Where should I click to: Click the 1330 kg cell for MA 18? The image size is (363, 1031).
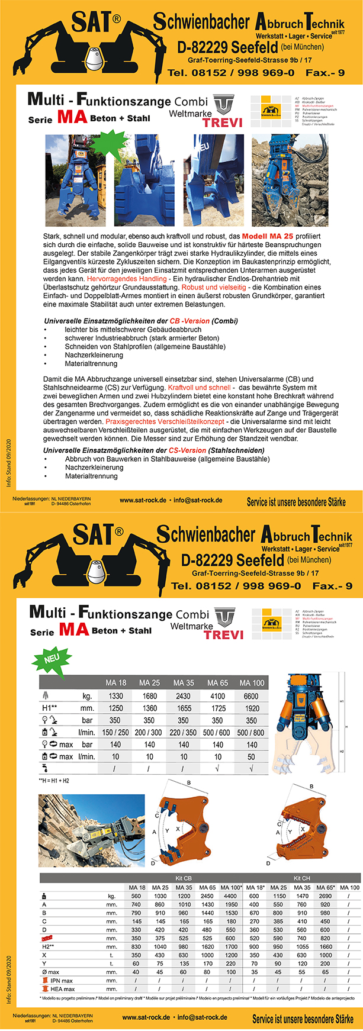point(115,696)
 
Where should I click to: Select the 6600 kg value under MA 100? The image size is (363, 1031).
point(251,696)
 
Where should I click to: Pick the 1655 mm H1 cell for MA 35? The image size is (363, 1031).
point(183,708)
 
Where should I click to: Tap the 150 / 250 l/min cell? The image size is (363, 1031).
point(115,732)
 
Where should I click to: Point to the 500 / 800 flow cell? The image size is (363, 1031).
point(251,732)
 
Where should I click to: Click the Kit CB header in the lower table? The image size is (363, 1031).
point(184,878)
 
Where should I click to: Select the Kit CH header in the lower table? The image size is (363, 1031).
point(301,878)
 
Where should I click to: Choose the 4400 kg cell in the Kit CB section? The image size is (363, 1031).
point(231,896)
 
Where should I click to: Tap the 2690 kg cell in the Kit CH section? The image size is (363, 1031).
point(326,896)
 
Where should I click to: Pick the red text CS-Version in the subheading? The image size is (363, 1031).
point(187,450)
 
